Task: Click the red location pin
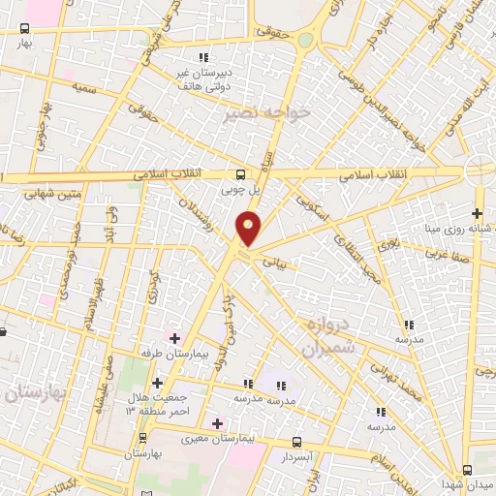click(x=249, y=229)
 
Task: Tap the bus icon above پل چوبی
click(x=240, y=174)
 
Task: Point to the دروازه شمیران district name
click(x=328, y=334)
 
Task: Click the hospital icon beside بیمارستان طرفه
click(x=174, y=337)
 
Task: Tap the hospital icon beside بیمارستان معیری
click(x=217, y=422)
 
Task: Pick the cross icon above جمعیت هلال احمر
click(x=157, y=384)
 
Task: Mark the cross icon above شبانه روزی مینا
click(x=476, y=213)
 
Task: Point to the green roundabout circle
click(x=306, y=40)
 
